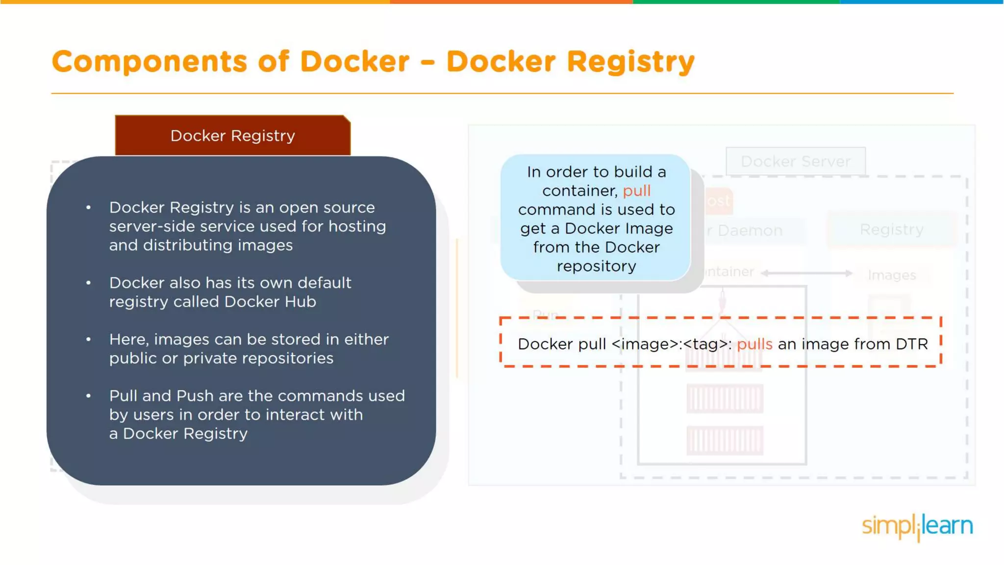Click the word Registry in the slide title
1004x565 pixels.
click(x=630, y=62)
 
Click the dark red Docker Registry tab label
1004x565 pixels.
click(x=232, y=136)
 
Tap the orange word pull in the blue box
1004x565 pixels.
click(x=636, y=191)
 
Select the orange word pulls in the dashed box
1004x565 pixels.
click(x=754, y=344)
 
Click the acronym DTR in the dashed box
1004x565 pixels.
click(x=912, y=344)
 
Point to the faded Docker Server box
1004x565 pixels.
click(x=795, y=161)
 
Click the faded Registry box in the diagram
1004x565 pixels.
click(x=891, y=230)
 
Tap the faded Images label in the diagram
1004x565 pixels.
click(x=892, y=275)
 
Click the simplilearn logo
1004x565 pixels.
click(x=917, y=526)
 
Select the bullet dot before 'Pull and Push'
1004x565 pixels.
click(x=88, y=396)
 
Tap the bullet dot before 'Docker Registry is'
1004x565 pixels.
click(x=88, y=207)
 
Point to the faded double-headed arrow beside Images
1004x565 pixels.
click(x=806, y=273)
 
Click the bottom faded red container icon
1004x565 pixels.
click(x=724, y=440)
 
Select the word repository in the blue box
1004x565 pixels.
click(x=596, y=266)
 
